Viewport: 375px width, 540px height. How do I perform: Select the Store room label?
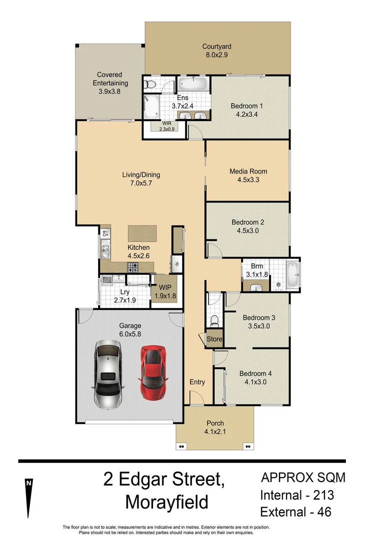point(214,339)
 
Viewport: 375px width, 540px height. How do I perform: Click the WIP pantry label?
point(165,287)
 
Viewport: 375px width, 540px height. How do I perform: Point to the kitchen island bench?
point(142,233)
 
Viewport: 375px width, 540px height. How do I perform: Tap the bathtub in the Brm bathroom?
point(293,275)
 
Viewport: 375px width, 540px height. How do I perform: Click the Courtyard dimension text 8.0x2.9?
point(216,55)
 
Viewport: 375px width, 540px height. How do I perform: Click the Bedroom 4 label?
point(255,373)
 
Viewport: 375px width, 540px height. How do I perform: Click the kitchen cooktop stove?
point(133,268)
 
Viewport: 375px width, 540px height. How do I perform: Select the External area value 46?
point(321,512)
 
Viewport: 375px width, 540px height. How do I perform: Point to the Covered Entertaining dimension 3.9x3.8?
point(109,91)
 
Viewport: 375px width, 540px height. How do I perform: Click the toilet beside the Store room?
point(214,318)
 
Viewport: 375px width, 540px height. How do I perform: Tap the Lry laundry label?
point(125,292)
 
